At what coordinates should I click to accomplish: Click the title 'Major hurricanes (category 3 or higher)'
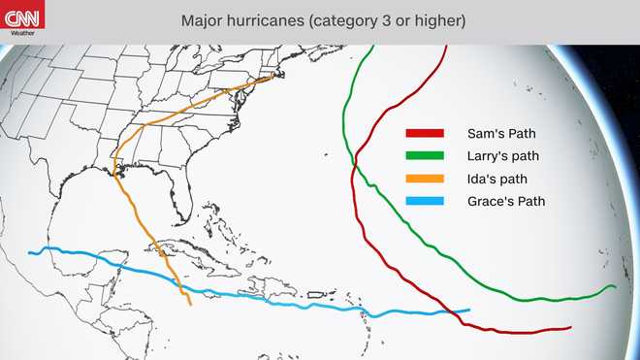click(x=319, y=20)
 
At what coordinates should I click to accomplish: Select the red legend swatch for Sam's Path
click(x=425, y=133)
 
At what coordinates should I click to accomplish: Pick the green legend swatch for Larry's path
click(x=425, y=155)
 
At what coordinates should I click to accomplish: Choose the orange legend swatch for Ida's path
click(x=425, y=179)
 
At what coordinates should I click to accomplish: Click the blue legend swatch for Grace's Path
click(x=425, y=202)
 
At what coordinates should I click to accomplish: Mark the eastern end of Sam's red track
click(x=570, y=328)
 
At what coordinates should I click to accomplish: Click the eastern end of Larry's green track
click(x=616, y=287)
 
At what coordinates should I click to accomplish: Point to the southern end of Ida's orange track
click(x=190, y=305)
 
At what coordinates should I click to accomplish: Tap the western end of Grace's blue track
click(x=30, y=252)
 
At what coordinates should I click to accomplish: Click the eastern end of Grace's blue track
click(x=469, y=311)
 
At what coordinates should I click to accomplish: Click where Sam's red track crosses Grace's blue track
click(x=452, y=312)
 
